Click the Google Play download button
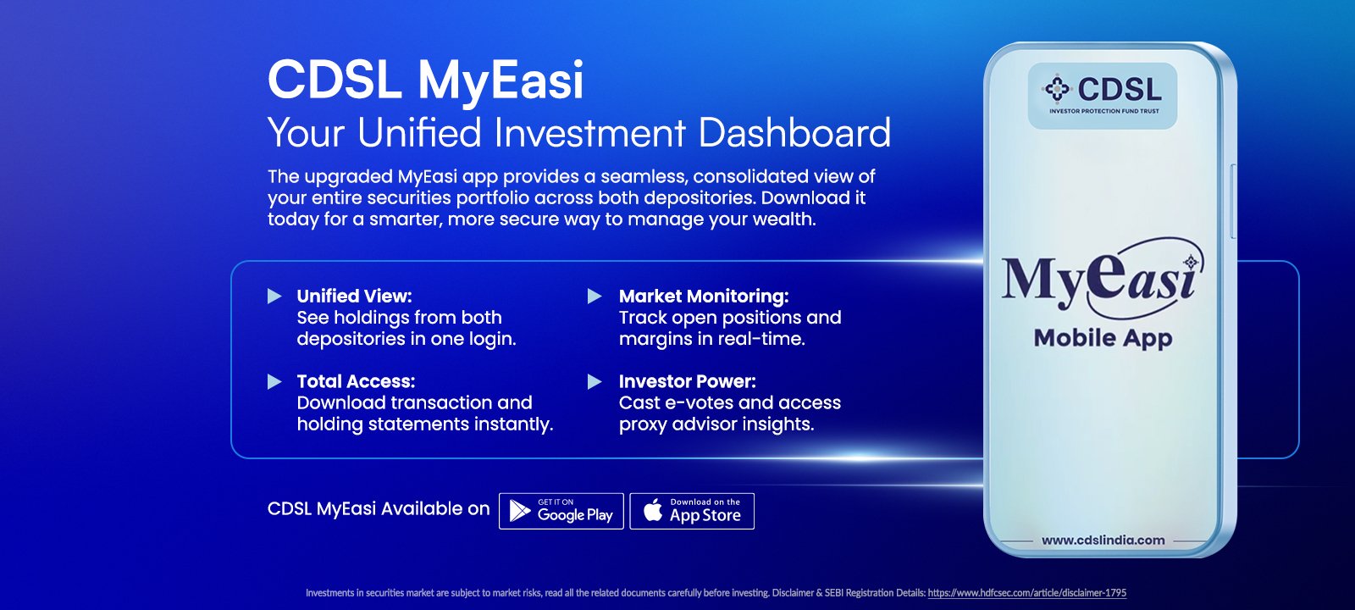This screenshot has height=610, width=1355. (561, 512)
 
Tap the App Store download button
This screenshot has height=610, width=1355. (692, 512)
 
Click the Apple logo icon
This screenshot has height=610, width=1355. (653, 511)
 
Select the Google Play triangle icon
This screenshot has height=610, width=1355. (520, 511)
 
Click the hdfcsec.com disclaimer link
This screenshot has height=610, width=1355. (1027, 593)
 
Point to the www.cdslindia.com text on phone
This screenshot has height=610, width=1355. (1103, 541)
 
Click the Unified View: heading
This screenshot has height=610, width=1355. (355, 296)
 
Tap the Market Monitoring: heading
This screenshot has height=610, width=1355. (704, 296)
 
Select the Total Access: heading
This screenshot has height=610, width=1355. (356, 381)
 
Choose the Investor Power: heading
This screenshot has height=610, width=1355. (687, 381)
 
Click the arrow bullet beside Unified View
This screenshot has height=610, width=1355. (274, 296)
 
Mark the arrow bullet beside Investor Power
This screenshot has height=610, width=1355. (595, 381)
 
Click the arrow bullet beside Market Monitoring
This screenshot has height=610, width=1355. (595, 296)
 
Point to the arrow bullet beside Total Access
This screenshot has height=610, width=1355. (274, 381)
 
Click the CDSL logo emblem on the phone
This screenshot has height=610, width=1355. (1057, 89)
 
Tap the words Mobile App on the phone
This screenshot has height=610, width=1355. (1103, 339)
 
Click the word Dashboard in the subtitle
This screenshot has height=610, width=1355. (794, 132)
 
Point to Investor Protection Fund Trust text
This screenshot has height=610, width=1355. (1104, 111)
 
